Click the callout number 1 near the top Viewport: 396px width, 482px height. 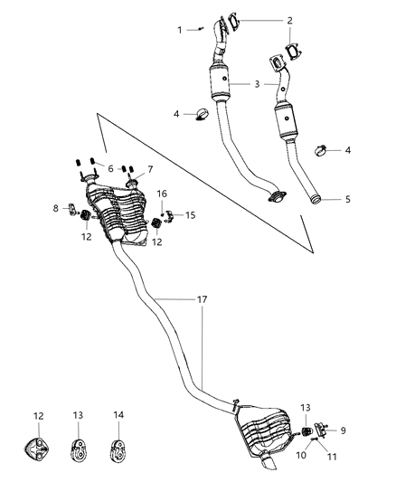pyautogui.click(x=179, y=30)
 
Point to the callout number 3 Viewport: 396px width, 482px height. pyautogui.click(x=257, y=84)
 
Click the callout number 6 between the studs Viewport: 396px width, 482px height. pyautogui.click(x=110, y=168)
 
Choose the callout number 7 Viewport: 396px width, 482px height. pyautogui.click(x=151, y=169)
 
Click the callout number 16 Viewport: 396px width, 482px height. pyautogui.click(x=163, y=194)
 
